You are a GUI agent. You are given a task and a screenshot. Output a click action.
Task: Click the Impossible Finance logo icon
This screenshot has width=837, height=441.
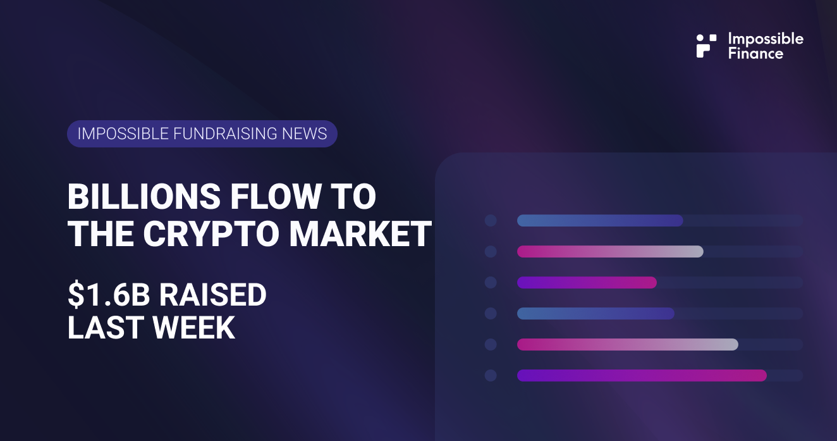tap(706, 46)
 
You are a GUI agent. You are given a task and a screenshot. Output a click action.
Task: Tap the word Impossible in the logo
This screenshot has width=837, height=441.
tap(766, 39)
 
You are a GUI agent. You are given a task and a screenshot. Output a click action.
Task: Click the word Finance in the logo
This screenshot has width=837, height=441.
tap(755, 53)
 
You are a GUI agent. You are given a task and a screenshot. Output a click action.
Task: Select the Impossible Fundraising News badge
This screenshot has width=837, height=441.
tap(202, 134)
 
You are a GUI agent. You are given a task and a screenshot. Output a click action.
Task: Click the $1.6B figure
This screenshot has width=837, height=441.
tap(107, 295)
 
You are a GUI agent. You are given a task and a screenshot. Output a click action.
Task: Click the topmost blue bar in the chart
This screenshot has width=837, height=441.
tap(599, 221)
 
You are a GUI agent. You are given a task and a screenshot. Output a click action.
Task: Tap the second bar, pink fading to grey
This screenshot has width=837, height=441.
tap(609, 251)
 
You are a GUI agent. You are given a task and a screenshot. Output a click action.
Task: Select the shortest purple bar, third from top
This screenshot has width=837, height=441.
tap(587, 282)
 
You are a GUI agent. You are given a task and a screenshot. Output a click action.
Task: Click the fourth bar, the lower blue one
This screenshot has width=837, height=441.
tap(596, 313)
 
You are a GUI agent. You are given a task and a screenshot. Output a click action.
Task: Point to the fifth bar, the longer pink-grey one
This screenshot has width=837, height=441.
tap(627, 344)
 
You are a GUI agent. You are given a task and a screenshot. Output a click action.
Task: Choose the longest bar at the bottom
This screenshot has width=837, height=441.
tap(641, 375)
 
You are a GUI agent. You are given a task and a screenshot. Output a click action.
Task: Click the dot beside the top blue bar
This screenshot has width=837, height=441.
tap(491, 221)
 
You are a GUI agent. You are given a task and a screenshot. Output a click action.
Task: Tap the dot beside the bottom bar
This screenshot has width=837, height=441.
tap(491, 375)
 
